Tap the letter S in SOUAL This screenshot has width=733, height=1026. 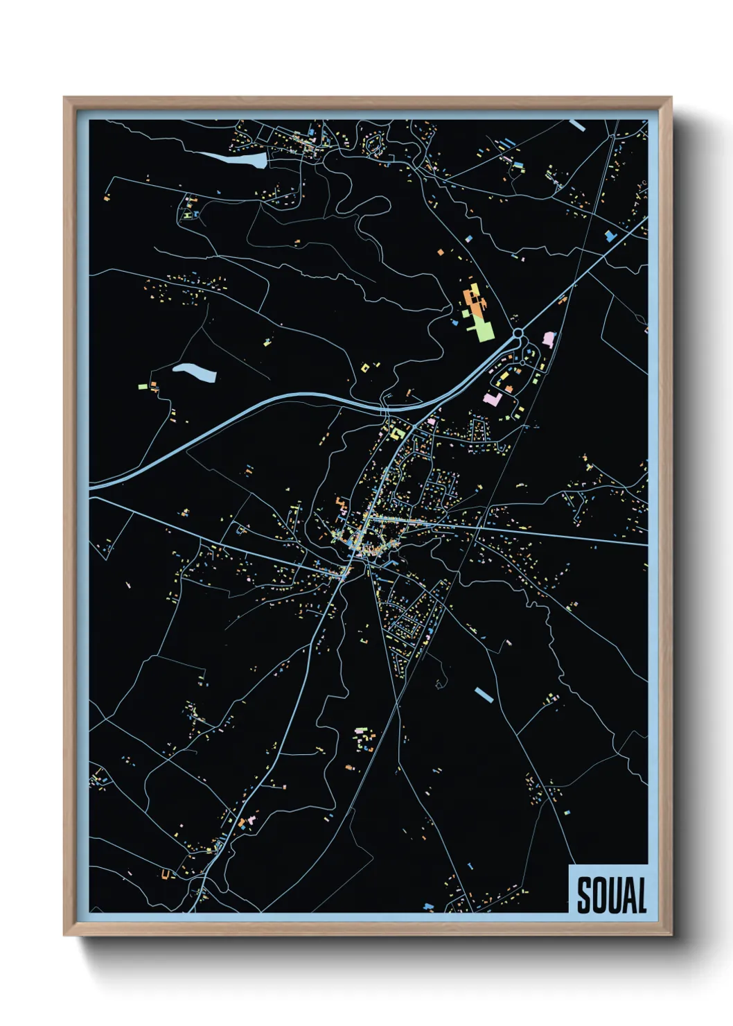(584, 895)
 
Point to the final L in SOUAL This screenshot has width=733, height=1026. (641, 895)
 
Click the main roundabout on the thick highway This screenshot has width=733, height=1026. (518, 334)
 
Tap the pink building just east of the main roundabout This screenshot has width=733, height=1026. (549, 339)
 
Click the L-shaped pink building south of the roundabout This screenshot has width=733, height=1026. (493, 399)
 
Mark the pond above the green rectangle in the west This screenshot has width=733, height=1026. (195, 372)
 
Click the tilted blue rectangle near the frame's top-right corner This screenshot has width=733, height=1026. (576, 125)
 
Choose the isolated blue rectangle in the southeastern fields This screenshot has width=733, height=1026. (484, 694)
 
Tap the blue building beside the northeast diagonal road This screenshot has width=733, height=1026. (610, 236)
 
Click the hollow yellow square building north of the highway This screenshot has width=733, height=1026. (365, 367)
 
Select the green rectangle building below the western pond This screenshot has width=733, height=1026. (143, 386)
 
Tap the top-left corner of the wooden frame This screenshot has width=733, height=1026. (64, 98)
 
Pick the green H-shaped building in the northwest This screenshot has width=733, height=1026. (188, 215)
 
